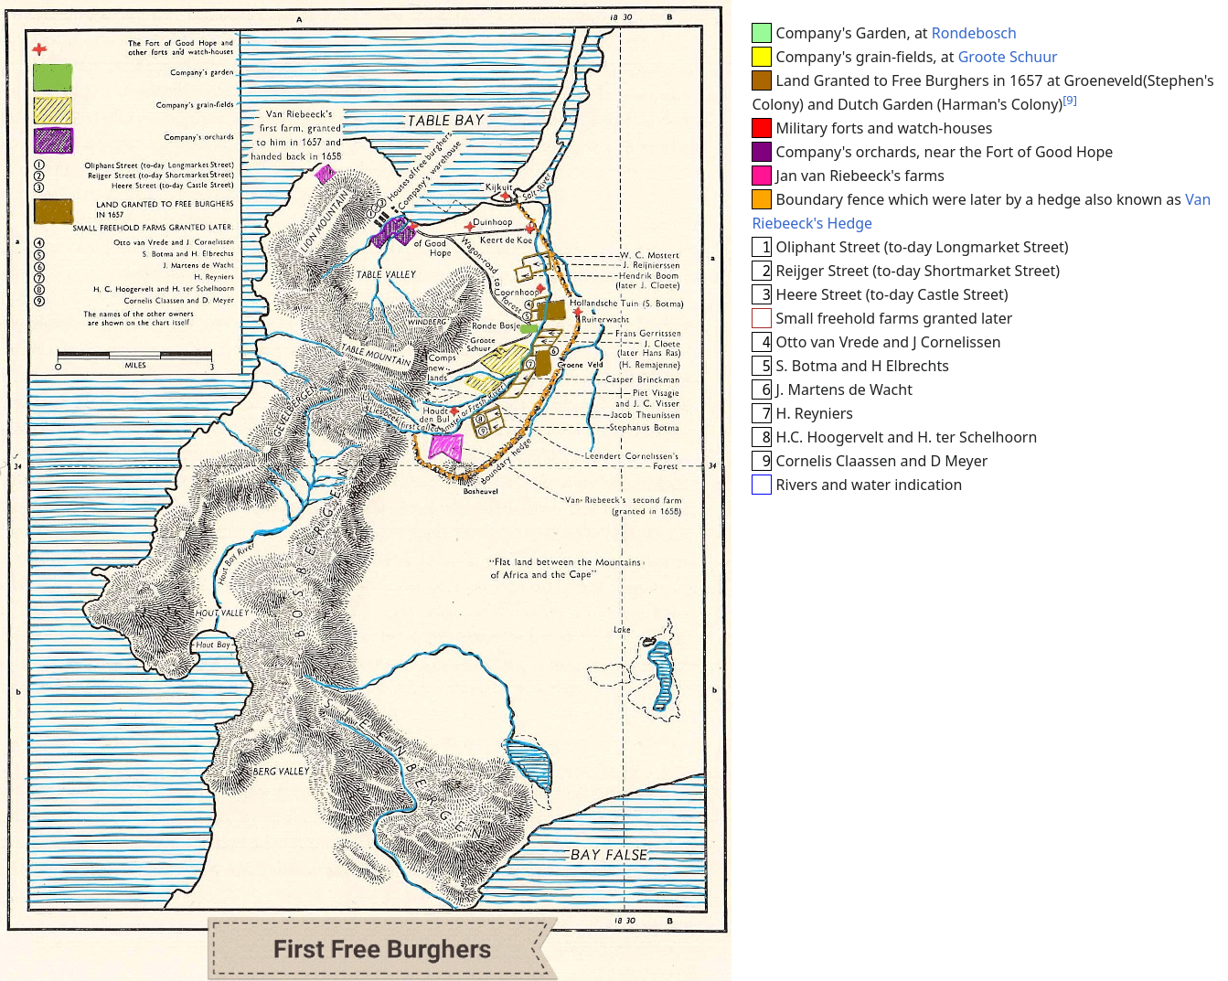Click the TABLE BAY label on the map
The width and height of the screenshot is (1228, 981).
pos(445,121)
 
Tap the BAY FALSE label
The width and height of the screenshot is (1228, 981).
pos(608,855)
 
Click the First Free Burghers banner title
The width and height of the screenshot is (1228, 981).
pos(382,950)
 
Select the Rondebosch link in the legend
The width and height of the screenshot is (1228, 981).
pos(974,33)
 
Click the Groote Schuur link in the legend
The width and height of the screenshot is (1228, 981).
pos(1007,57)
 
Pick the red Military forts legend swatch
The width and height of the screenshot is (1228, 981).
pos(761,128)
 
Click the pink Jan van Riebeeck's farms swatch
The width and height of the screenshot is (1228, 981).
pos(761,176)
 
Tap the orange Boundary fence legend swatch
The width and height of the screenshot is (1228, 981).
pos(761,199)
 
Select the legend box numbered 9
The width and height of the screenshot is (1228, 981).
pos(761,461)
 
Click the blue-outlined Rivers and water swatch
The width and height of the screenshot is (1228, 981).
pos(761,485)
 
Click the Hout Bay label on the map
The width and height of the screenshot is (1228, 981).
pos(212,645)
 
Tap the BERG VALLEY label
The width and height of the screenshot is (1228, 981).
pos(281,772)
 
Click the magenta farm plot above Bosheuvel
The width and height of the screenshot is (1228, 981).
pos(445,447)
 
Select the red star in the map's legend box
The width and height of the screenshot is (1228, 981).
pos(39,49)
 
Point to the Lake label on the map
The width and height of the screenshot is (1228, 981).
pos(622,630)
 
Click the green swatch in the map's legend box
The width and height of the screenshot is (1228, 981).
pos(52,78)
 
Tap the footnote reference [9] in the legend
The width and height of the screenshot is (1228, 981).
pos(1070,101)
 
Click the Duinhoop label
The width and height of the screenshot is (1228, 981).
pos(493,222)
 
